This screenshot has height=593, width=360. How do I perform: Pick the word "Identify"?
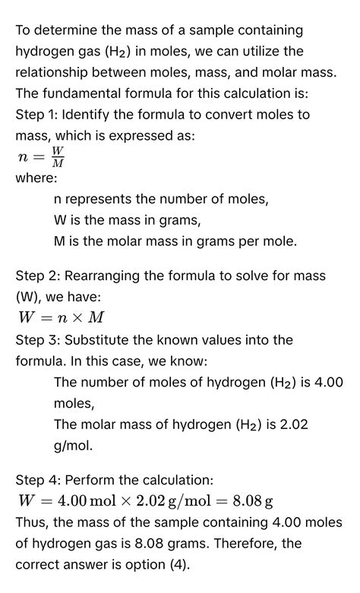click(89, 115)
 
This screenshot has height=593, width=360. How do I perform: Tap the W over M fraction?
click(57, 157)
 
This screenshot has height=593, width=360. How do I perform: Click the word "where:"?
click(36, 178)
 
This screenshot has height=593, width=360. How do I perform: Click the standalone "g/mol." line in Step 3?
click(74, 445)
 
